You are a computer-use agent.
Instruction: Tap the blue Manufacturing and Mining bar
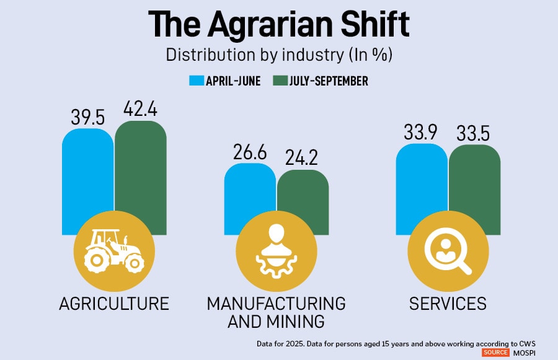250,189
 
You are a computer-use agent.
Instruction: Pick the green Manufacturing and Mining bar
303,192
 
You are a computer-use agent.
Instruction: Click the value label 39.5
87,116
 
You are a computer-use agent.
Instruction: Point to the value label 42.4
140,109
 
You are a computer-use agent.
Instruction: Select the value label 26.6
249,151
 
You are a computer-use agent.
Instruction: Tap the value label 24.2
303,157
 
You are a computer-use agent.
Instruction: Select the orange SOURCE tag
497,352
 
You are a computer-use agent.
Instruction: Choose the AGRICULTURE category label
114,304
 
